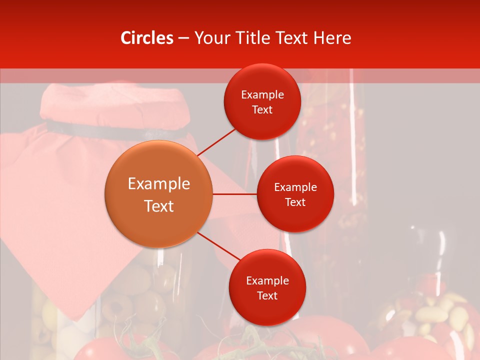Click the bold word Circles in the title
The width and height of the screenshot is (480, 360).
tap(147, 38)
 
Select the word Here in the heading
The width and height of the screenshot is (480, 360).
tap(332, 38)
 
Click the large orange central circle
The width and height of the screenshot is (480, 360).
tap(158, 194)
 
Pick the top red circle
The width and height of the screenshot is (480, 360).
tap(262, 102)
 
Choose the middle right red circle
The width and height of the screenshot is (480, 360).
tap(295, 194)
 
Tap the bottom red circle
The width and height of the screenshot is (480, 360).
tap(267, 287)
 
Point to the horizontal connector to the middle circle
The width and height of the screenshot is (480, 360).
tap(235, 194)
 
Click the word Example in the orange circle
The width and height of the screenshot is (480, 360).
tap(159, 184)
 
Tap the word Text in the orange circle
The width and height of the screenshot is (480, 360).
tap(159, 206)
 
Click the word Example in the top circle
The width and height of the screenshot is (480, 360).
tap(262, 95)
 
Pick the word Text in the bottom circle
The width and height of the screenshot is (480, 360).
tap(267, 295)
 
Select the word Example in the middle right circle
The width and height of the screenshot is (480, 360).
tap(295, 187)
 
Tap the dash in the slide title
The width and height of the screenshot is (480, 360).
tap(183, 38)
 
